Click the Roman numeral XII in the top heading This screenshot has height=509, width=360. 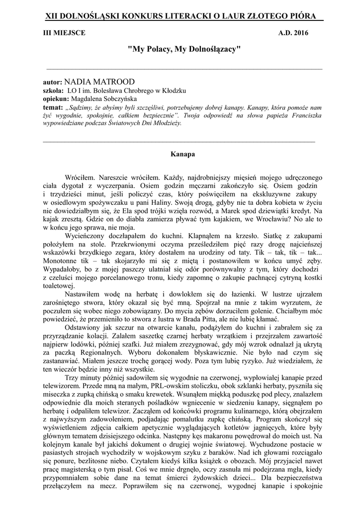[52, 16]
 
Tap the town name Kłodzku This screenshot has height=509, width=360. [173, 91]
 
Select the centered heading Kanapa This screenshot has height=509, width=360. [180, 154]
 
